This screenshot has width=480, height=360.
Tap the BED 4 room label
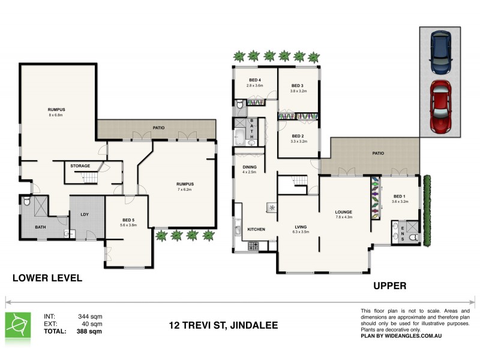(x=254, y=80)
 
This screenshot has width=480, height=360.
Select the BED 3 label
(x=298, y=86)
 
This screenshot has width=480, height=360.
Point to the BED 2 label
(x=298, y=136)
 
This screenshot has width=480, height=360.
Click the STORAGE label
(x=80, y=166)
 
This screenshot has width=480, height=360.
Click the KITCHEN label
(x=256, y=229)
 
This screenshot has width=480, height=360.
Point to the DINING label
(x=249, y=167)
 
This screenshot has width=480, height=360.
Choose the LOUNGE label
(x=344, y=212)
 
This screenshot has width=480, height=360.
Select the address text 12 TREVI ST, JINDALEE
(x=223, y=326)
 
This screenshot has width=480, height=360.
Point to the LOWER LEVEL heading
(x=47, y=278)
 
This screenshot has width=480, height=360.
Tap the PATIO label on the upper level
(x=377, y=154)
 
